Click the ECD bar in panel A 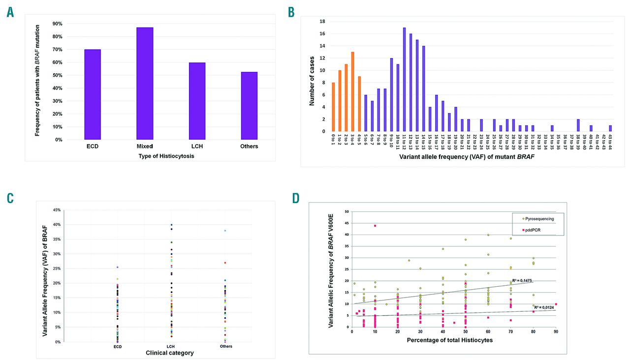[x=93, y=94]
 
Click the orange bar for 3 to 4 [x=352, y=91]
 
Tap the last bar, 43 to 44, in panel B [x=610, y=128]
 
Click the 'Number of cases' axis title [x=311, y=76]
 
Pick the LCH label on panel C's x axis [x=170, y=346]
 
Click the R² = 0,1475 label [x=522, y=281]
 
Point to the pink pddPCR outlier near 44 [x=375, y=226]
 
